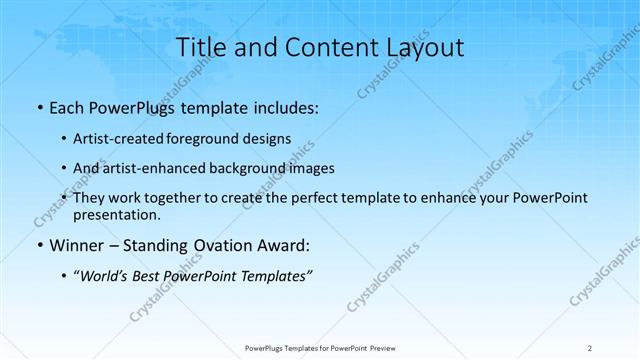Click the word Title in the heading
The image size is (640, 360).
[199, 47]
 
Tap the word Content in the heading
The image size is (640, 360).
[323, 47]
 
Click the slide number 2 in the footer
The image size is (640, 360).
[590, 347]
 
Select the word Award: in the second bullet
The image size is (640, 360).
[288, 243]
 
